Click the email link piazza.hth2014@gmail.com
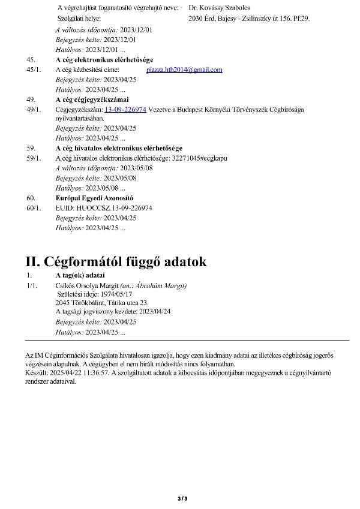pyautogui.click(x=184, y=70)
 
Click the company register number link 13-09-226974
pyautogui.click(x=125, y=109)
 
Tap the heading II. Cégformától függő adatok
pyautogui.click(x=116, y=262)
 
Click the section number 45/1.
pyautogui.click(x=34, y=70)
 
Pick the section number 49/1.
pyautogui.click(x=34, y=109)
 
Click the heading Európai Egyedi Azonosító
pyautogui.click(x=94, y=198)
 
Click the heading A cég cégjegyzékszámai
pyautogui.click(x=92, y=100)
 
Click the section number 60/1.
pyautogui.click(x=34, y=207)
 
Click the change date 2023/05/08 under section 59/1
pyautogui.click(x=137, y=168)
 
